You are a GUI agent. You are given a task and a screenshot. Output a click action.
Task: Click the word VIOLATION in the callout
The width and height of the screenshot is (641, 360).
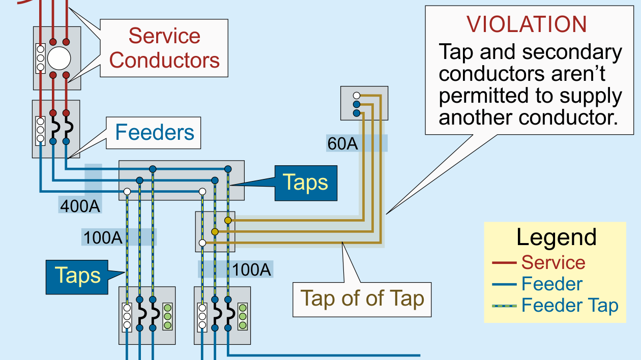527,24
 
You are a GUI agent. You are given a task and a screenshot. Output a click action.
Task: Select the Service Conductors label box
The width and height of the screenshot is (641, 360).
164,48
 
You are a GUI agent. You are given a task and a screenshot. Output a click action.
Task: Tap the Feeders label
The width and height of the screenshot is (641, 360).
155,132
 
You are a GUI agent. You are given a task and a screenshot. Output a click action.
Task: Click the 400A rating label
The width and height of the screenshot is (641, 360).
80,206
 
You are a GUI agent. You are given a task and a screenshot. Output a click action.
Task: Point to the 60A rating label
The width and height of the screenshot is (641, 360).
342,144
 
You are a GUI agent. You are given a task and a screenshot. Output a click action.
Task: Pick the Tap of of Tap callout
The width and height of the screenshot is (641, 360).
362,299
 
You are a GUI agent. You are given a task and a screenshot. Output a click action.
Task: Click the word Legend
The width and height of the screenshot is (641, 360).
556,237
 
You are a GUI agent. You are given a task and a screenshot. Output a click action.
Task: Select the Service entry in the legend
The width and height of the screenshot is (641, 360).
553,262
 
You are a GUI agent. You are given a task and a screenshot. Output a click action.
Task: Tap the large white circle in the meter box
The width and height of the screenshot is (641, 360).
59,58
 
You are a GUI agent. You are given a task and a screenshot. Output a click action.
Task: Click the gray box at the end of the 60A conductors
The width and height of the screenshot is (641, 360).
364,103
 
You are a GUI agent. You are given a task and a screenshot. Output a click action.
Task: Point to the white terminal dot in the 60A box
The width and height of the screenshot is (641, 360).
357,95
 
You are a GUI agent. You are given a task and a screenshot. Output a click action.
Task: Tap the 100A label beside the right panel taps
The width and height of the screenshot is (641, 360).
251,269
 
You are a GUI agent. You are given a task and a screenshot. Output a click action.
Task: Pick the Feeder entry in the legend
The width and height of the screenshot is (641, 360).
552,284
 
